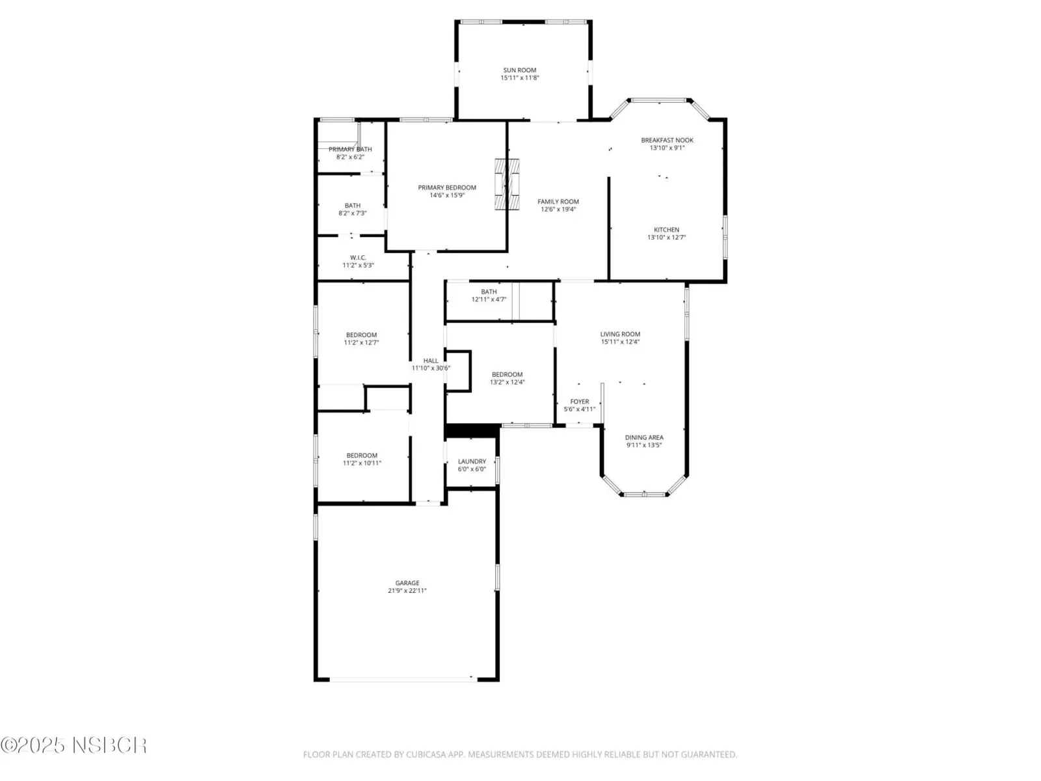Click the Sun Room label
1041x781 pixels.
click(x=519, y=70)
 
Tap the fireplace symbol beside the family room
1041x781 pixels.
click(x=506, y=184)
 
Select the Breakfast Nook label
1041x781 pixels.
click(x=667, y=140)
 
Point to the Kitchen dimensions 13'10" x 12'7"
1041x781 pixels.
click(x=666, y=237)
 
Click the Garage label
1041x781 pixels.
click(x=407, y=582)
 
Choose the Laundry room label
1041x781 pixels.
click(x=472, y=461)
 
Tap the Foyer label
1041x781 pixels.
click(x=579, y=402)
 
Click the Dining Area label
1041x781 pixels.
click(x=643, y=437)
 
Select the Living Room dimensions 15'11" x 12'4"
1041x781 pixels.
click(x=620, y=342)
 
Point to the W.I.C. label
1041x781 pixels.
click(x=358, y=258)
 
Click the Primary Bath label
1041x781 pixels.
click(x=350, y=150)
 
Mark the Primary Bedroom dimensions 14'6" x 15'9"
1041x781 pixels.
click(x=447, y=195)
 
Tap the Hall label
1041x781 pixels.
click(x=431, y=361)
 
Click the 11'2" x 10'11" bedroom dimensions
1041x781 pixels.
click(x=362, y=463)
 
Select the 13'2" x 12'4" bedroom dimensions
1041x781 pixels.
click(x=507, y=382)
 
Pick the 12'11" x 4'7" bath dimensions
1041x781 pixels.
click(x=489, y=299)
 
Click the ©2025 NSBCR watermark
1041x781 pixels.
click(x=74, y=745)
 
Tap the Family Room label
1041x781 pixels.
click(x=558, y=202)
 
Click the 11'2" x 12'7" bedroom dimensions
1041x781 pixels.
click(x=361, y=342)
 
